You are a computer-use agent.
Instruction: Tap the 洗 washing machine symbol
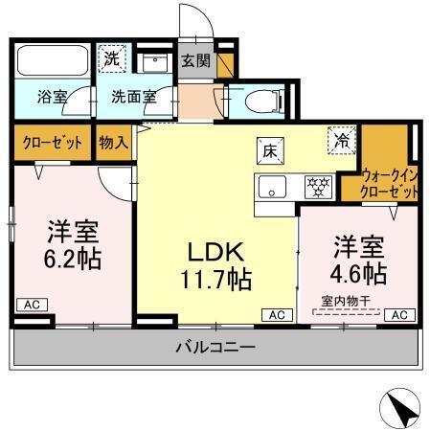pos(114,56)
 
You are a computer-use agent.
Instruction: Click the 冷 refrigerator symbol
pos(340,140)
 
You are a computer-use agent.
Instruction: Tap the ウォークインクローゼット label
pos(390,183)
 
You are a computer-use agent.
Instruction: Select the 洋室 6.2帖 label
pos(75,246)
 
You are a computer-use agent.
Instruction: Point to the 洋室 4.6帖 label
pos(359,261)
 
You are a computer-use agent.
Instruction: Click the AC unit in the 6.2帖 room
pos(31,305)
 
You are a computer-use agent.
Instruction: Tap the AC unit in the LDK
pos(276,314)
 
